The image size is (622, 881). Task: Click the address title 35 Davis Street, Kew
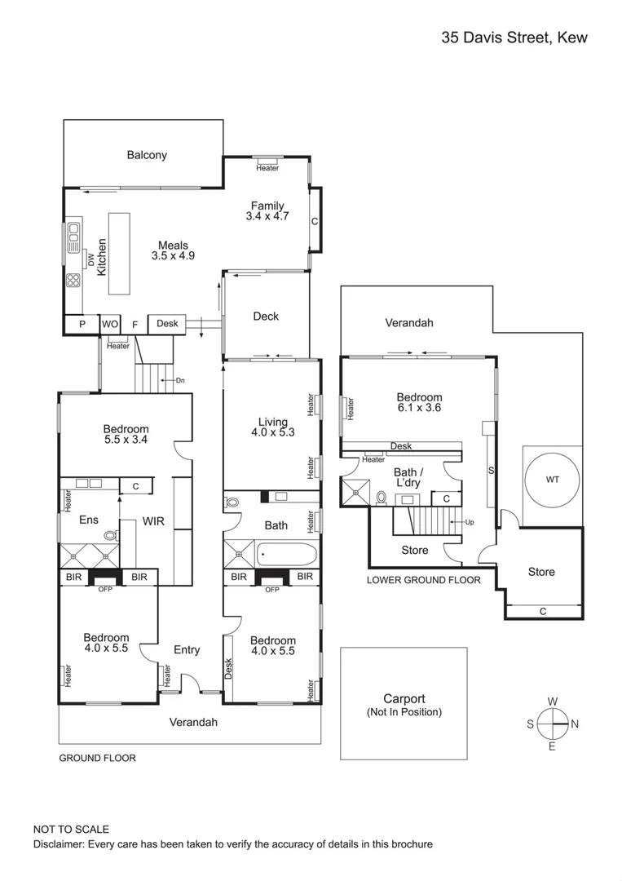[514, 37]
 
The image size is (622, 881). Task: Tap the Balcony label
[147, 155]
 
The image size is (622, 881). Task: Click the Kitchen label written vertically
[103, 256]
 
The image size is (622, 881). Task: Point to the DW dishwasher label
[90, 260]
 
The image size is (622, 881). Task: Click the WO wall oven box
[109, 324]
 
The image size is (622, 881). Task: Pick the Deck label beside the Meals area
[266, 317]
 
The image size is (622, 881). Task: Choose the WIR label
[154, 520]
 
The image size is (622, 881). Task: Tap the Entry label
[187, 649]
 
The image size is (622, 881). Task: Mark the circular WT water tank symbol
[553, 480]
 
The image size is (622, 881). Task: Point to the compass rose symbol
[552, 724]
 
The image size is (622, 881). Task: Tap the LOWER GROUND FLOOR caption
[423, 580]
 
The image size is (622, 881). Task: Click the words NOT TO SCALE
[71, 829]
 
